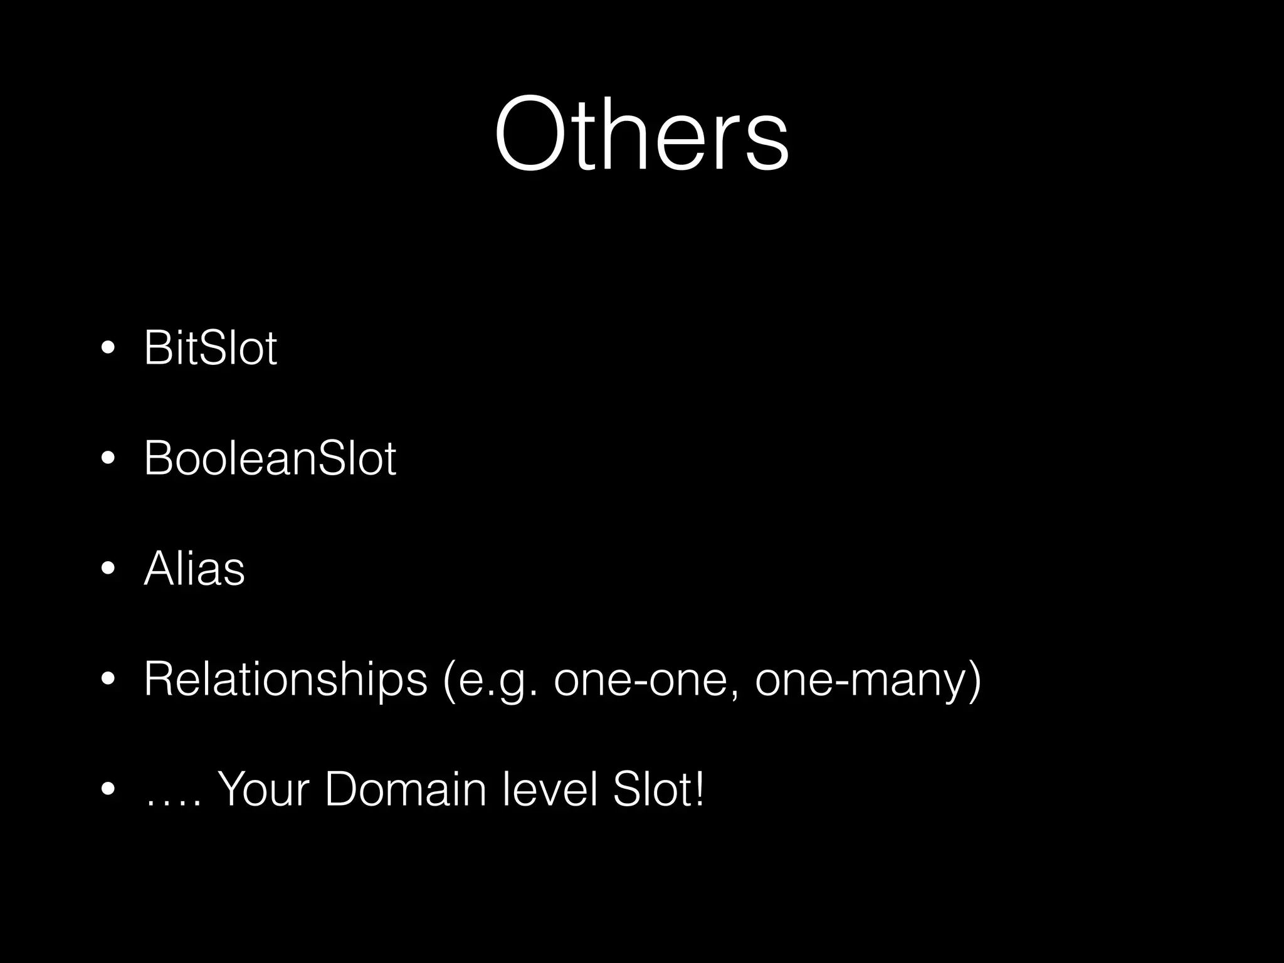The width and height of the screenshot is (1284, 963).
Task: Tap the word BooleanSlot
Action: pyautogui.click(x=270, y=458)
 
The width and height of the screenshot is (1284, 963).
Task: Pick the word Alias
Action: pyautogui.click(x=194, y=569)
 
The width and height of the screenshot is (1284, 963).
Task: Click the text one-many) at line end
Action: pyautogui.click(x=868, y=680)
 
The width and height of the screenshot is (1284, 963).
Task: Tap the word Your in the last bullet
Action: pyautogui.click(x=263, y=789)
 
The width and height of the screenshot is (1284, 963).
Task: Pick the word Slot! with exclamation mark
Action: pyautogui.click(x=658, y=789)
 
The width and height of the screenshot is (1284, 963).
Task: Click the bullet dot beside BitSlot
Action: pyautogui.click(x=108, y=349)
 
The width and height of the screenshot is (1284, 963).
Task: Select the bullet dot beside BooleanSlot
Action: pyautogui.click(x=108, y=459)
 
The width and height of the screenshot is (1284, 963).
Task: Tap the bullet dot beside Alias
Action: pyautogui.click(x=108, y=569)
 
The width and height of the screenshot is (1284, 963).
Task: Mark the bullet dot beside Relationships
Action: pyautogui.click(x=108, y=680)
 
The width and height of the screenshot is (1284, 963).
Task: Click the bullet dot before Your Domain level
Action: pyautogui.click(x=108, y=790)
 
